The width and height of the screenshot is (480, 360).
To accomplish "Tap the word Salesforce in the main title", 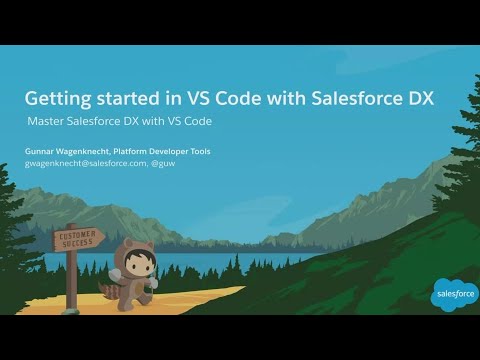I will click(361, 99).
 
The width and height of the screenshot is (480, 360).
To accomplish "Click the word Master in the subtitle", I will click(48, 121).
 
